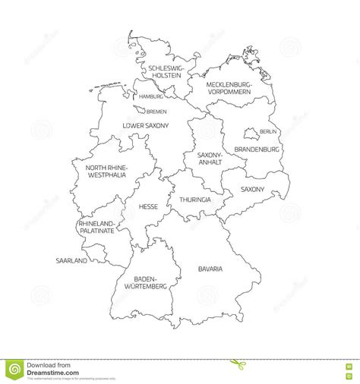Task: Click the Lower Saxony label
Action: (x=146, y=124)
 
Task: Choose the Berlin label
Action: (x=268, y=132)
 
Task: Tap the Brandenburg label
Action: (x=258, y=150)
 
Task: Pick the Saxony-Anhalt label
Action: (x=209, y=159)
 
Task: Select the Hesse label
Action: (x=148, y=206)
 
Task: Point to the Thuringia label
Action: (x=194, y=200)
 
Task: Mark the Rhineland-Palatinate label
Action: (x=96, y=227)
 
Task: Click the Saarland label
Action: (x=71, y=260)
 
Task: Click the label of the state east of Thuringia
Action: (x=253, y=188)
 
